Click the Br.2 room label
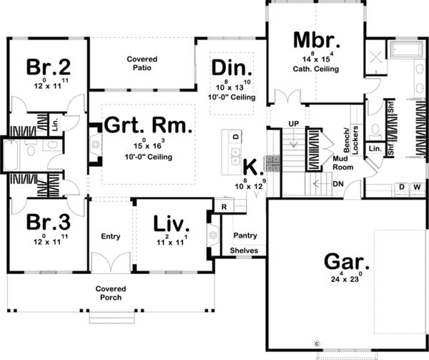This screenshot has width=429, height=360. tap(49, 67)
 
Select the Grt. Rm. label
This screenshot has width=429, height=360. tap(148, 127)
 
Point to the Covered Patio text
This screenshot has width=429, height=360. tap(142, 64)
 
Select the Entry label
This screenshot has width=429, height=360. tap(111, 237)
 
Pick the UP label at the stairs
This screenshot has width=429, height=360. tap(292, 123)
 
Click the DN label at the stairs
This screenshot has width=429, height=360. tap(337, 183)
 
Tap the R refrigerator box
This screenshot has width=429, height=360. tap(224, 207)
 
